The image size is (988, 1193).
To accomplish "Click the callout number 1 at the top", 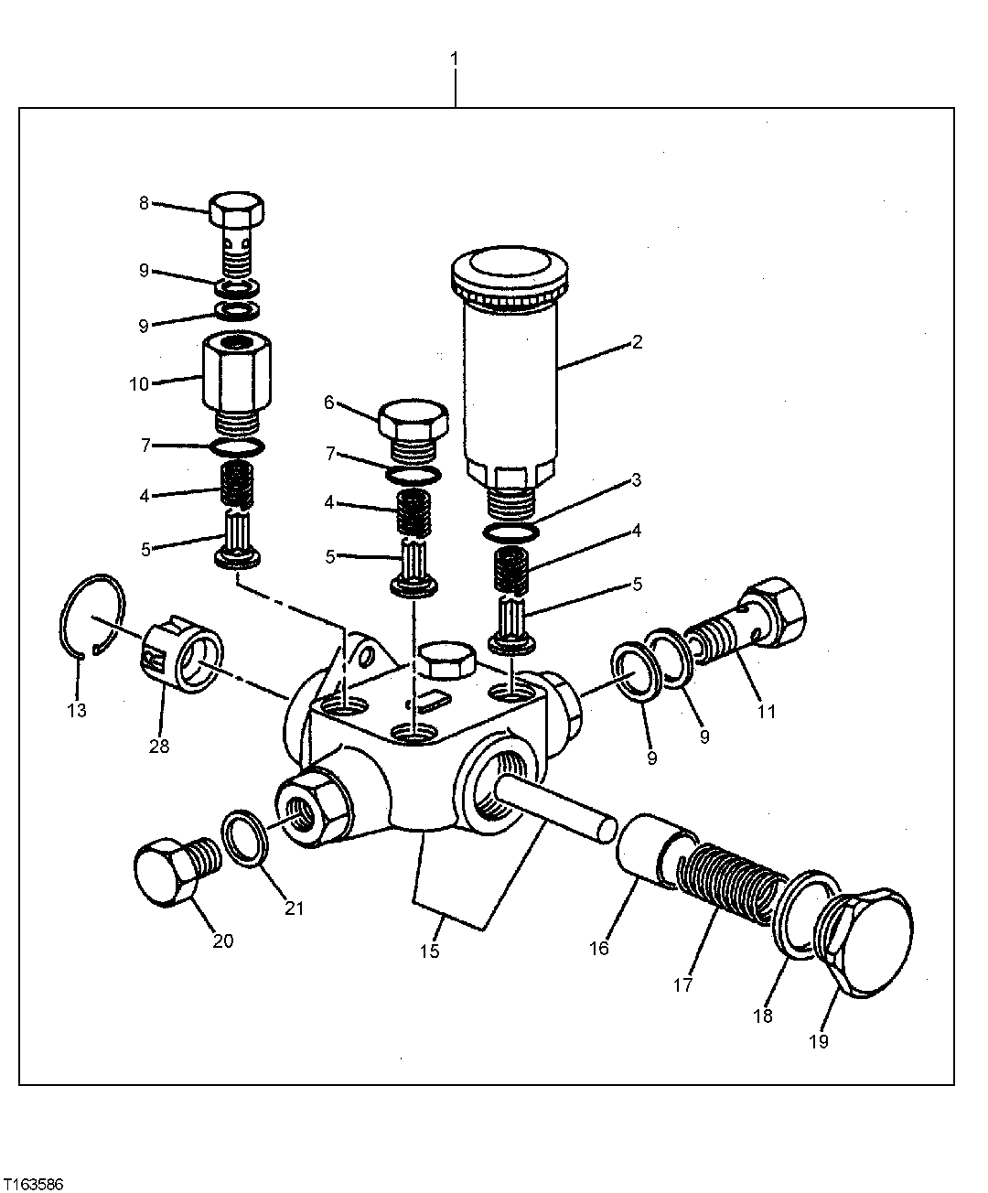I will click(455, 59).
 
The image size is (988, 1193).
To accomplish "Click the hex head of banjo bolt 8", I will click(238, 211).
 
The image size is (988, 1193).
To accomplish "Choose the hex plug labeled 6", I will click(413, 424).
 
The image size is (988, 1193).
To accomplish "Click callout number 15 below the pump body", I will click(429, 951).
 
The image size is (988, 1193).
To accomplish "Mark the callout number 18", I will click(762, 1015).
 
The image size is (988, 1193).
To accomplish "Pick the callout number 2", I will click(637, 343).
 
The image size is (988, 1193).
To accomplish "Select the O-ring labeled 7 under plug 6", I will click(413, 475).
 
